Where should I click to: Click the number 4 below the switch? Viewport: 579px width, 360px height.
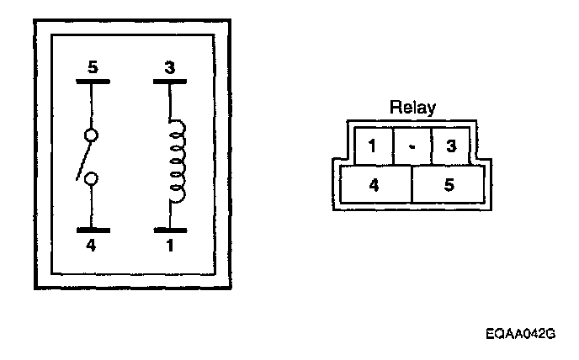[92, 246]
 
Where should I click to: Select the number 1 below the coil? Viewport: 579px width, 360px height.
[170, 246]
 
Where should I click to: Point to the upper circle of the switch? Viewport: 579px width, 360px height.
[92, 135]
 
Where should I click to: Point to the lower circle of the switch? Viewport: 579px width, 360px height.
[92, 178]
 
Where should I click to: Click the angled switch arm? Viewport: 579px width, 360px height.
[82, 159]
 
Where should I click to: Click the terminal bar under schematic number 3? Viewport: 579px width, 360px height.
[170, 83]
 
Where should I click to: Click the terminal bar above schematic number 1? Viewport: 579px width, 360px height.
[170, 229]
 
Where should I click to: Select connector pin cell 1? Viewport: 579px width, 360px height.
[371, 146]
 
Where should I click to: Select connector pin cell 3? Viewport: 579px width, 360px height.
[450, 146]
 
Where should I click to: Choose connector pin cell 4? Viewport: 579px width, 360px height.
[374, 184]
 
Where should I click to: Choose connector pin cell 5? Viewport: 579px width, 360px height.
[449, 184]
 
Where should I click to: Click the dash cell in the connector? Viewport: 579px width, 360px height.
[412, 146]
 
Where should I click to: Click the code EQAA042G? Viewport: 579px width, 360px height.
[521, 334]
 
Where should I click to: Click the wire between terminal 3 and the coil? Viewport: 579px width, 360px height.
[170, 103]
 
